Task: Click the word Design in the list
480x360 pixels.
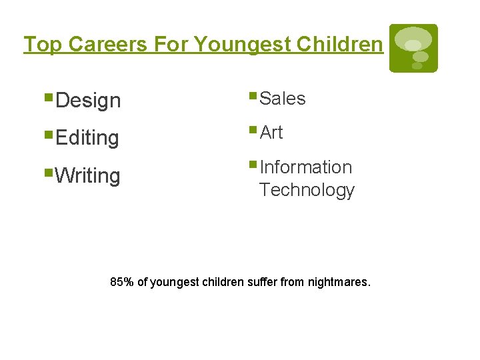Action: coord(88,101)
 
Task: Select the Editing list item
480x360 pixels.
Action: coord(87,139)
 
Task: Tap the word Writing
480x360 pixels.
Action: coord(88,177)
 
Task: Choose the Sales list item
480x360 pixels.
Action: coord(282,99)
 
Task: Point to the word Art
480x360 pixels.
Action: coord(271,133)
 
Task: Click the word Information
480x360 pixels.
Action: coord(305,167)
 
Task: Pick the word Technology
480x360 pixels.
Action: coord(307,190)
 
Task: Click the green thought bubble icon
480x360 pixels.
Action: coord(413,48)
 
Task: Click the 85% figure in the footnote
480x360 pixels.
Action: coord(122,282)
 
